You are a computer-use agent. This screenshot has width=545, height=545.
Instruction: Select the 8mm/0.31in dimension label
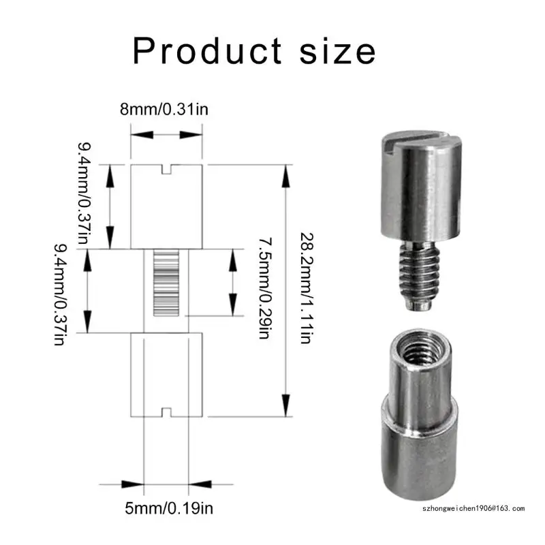click(x=166, y=109)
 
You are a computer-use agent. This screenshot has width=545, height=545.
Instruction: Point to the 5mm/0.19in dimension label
click(x=166, y=508)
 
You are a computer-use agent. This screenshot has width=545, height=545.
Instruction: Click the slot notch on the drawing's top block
click(x=167, y=168)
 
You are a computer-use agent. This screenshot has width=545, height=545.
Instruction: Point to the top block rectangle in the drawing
click(x=167, y=208)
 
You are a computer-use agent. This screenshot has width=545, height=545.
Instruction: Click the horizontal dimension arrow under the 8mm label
click(x=167, y=135)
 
